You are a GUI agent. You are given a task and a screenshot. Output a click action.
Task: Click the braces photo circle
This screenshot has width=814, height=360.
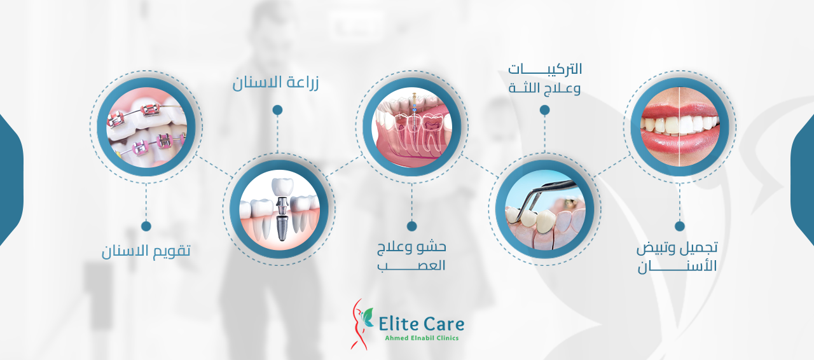[x=146, y=127]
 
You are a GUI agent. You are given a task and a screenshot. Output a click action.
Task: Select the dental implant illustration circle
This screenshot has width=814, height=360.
[x=279, y=209]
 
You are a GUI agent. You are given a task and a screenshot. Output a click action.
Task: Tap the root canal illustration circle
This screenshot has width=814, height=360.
[x=411, y=127]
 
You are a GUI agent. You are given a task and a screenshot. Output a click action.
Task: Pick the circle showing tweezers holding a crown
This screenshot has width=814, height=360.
[x=545, y=209]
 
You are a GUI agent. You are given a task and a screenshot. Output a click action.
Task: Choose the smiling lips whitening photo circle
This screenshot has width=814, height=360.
[x=680, y=127]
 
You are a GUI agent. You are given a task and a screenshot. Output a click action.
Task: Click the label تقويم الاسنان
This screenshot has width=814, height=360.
[x=146, y=251]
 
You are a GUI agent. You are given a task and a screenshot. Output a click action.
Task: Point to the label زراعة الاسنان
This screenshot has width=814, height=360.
[x=275, y=83]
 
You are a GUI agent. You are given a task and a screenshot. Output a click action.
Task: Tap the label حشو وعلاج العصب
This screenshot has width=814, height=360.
[x=411, y=256]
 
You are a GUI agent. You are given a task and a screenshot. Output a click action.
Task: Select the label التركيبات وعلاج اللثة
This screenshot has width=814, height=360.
[x=545, y=78]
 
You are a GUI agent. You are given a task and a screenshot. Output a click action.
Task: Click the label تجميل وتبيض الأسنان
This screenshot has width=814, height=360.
[x=677, y=257]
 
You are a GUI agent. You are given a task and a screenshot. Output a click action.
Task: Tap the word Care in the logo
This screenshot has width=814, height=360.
[x=444, y=324]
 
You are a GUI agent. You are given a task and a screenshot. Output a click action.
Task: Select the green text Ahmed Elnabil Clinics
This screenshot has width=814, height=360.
[x=422, y=338]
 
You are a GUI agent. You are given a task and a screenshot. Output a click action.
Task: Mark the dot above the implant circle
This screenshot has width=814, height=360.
[x=278, y=110]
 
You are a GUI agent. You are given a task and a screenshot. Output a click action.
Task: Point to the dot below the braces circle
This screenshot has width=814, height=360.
[x=146, y=226]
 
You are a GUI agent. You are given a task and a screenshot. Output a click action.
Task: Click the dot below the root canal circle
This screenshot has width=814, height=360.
[x=411, y=226]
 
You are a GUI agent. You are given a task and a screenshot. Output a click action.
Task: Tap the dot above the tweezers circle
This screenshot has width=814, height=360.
[x=544, y=110]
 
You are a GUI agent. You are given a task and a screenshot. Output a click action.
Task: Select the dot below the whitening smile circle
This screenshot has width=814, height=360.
[x=680, y=226]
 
